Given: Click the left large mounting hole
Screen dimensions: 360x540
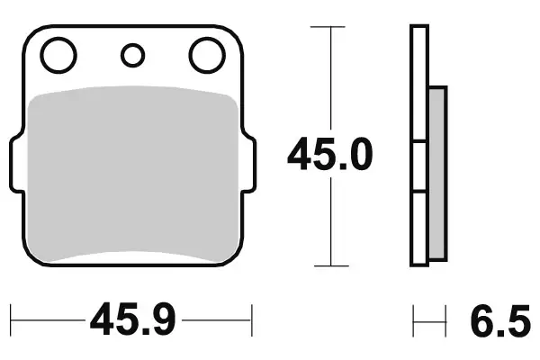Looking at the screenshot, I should pyautogui.click(x=58, y=56).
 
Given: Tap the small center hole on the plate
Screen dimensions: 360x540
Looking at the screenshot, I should pyautogui.click(x=132, y=56).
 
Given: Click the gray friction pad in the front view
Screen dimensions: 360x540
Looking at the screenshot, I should pyautogui.click(x=132, y=175).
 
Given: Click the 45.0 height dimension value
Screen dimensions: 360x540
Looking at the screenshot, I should pyautogui.click(x=328, y=157).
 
